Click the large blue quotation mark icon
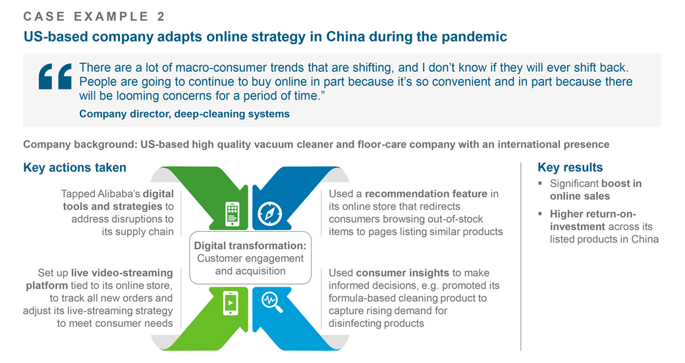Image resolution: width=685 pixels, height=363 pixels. [55, 76]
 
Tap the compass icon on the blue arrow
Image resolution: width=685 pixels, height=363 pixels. [269, 213]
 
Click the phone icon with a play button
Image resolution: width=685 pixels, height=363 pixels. [231, 302]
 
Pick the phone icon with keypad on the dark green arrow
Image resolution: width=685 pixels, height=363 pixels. [233, 214]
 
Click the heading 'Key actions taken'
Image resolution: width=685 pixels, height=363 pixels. [74, 168]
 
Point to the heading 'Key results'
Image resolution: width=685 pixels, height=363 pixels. [570, 167]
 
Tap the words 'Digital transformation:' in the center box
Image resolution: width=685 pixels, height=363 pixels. [250, 246]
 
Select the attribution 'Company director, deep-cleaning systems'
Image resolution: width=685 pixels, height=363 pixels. [184, 114]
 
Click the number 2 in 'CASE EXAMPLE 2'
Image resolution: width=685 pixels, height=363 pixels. [161, 16]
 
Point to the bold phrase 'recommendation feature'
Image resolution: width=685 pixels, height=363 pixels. [426, 194]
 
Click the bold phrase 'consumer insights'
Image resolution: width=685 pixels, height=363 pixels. [402, 273]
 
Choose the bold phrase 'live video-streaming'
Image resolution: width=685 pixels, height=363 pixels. [122, 273]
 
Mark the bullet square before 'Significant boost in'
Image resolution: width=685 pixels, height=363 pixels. [540, 183]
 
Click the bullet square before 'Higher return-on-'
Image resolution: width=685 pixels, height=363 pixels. [540, 214]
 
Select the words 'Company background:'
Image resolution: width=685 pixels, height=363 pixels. [80, 144]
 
